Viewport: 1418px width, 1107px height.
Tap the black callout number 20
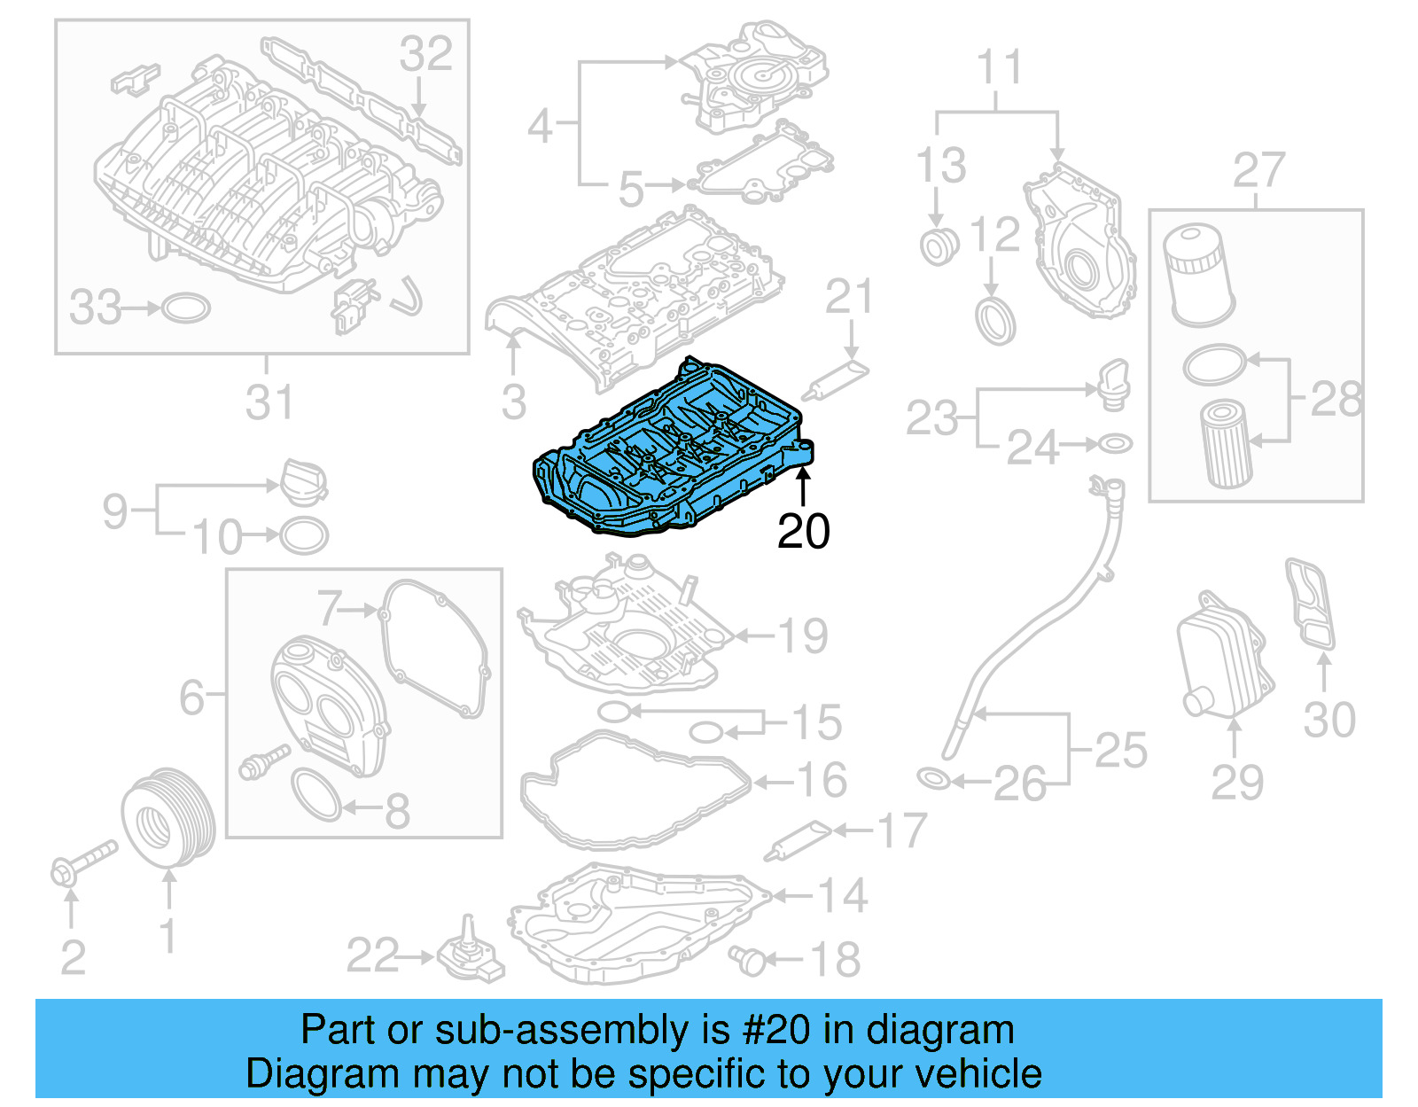(x=803, y=531)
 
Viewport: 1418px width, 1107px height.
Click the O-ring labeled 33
(x=186, y=308)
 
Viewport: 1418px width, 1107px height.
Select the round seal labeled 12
(x=994, y=321)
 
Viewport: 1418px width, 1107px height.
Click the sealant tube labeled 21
(x=835, y=380)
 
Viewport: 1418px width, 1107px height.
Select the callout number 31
(x=269, y=402)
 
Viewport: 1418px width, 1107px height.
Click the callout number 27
(x=1258, y=171)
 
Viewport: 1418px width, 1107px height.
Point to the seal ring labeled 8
(x=316, y=795)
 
